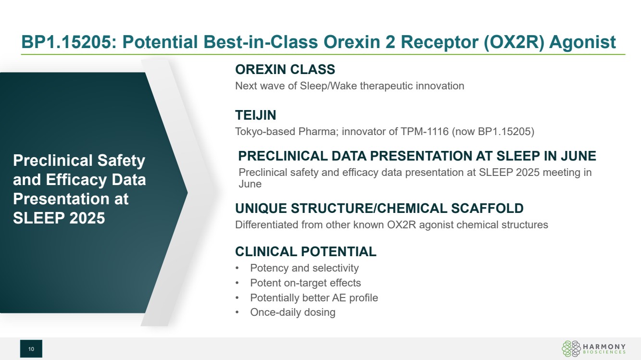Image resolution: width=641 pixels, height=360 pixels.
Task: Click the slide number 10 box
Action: click(31, 348)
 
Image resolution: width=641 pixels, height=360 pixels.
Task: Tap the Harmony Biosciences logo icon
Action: click(571, 348)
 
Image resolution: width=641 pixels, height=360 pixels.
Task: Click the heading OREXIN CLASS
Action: click(285, 70)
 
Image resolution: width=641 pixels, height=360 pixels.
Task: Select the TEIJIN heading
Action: click(255, 115)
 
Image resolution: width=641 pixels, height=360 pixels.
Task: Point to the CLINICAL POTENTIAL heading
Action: click(306, 252)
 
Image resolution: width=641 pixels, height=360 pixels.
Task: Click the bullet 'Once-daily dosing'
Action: click(293, 312)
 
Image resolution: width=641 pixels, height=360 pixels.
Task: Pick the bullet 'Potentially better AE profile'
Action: click(314, 298)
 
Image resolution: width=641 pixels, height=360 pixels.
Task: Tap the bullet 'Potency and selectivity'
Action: click(304, 268)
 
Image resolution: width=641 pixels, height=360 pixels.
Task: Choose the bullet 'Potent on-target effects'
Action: click(305, 283)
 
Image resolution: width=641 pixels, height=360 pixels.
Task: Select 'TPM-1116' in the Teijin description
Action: click(425, 132)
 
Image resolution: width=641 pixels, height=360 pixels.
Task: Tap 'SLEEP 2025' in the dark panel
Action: click(59, 218)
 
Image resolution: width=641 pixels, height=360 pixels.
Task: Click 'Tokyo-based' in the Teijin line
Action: click(265, 132)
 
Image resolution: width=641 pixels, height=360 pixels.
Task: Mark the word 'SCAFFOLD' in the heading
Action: click(487, 209)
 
